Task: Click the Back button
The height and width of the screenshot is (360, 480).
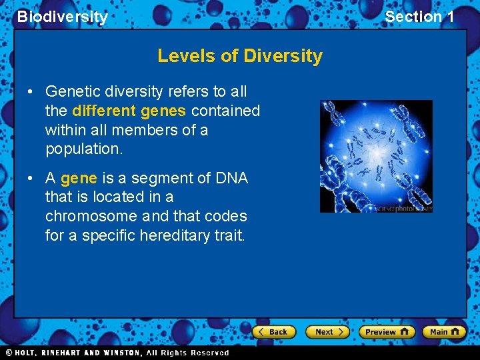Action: tap(273, 331)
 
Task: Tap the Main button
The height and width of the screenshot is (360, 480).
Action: tap(444, 331)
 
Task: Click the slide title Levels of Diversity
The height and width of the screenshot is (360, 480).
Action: tap(240, 56)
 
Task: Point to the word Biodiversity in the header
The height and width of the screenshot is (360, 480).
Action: tap(62, 17)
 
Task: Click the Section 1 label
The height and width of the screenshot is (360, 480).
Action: tap(419, 17)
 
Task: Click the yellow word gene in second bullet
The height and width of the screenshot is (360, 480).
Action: tap(79, 178)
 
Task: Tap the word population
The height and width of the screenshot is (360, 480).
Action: tap(84, 149)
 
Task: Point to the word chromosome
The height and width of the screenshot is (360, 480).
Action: tap(89, 216)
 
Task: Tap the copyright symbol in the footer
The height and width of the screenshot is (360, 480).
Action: tap(9, 353)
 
